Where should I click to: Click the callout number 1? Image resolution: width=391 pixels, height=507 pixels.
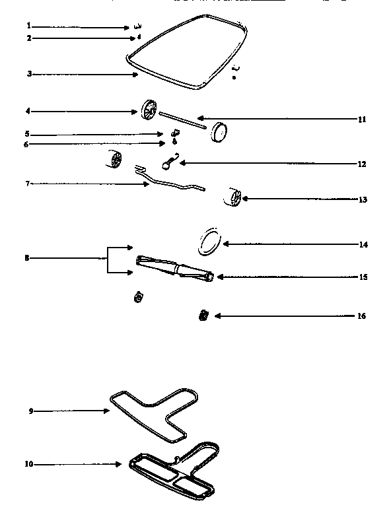coord(29,26)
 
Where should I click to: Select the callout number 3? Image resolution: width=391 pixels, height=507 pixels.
coord(29,74)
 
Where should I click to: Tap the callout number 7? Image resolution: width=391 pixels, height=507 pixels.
coord(28,183)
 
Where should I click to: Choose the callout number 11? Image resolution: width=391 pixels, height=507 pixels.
coord(361,119)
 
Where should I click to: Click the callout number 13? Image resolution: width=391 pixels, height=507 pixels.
coord(361,199)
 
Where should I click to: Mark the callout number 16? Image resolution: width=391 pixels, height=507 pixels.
coord(361,316)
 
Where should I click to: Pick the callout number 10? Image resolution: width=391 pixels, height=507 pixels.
coord(29,464)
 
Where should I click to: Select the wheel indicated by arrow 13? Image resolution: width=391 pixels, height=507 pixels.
coord(235,196)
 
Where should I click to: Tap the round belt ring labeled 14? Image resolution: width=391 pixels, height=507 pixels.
coord(210,243)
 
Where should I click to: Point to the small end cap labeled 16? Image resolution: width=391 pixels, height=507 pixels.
coord(203,316)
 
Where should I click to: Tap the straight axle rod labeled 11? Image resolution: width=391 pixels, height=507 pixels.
coord(182,119)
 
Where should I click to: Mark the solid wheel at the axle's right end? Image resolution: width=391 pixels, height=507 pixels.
coord(219,132)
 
